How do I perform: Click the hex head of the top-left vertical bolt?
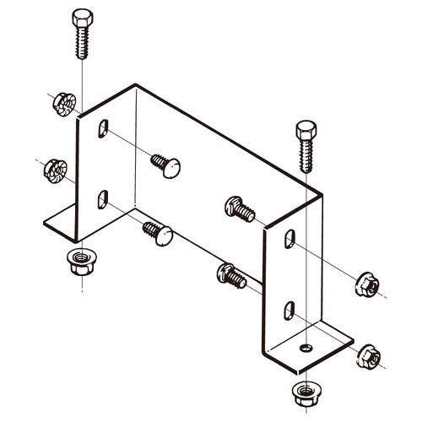pyautogui.click(x=82, y=18)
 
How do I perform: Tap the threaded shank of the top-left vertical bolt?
pyautogui.click(x=83, y=43)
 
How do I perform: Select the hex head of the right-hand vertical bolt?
pyautogui.click(x=306, y=132)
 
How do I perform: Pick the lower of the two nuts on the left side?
pyautogui.click(x=55, y=170)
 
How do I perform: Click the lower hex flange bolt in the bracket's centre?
pyautogui.click(x=231, y=274)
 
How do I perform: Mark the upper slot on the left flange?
pyautogui.click(x=103, y=128)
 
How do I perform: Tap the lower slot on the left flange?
pyautogui.click(x=102, y=199)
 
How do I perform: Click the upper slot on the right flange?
pyautogui.click(x=289, y=239)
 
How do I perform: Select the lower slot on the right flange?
pyautogui.click(x=289, y=310)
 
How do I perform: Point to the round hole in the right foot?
pyautogui.click(x=306, y=347)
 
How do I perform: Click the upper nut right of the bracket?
pyautogui.click(x=365, y=285)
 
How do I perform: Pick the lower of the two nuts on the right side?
pyautogui.click(x=365, y=355)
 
